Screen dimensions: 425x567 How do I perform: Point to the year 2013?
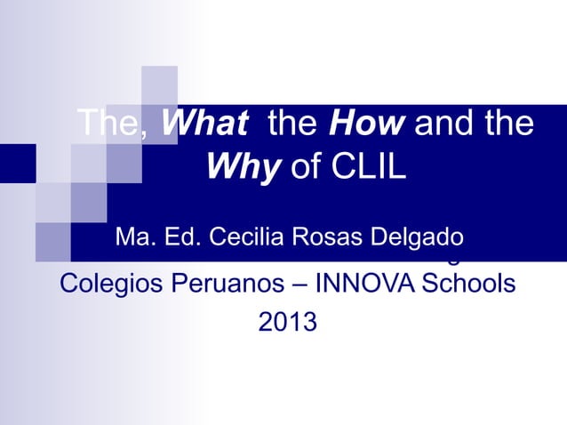(286, 322)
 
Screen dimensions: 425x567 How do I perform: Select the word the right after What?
(291, 124)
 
